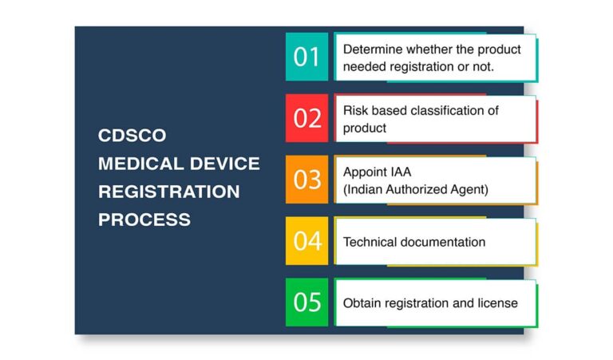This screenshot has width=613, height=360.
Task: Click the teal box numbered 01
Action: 306,57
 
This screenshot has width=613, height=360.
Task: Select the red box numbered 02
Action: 306,118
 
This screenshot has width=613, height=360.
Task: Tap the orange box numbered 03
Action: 306,180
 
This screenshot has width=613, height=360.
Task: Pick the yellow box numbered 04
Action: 306,241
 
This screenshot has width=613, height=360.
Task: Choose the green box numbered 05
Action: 306,303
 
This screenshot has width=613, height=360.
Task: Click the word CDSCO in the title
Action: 132,136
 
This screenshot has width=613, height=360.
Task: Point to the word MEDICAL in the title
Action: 138,164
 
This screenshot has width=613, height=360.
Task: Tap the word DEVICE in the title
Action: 222,164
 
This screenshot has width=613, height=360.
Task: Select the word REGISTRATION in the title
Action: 168,192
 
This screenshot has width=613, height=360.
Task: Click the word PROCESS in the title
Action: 144,220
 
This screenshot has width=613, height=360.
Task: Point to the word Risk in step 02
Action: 356,111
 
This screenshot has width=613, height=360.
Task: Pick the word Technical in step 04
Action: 371,241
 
